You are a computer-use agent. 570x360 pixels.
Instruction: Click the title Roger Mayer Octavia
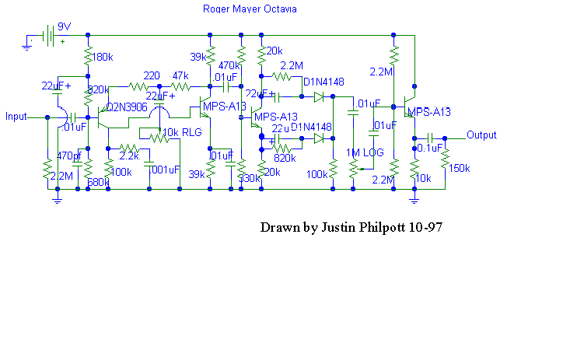pos(249,9)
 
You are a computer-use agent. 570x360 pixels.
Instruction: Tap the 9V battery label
pos(65,26)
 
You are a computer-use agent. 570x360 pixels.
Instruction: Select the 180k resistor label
pos(103,58)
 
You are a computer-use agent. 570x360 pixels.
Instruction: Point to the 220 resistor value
pos(152,75)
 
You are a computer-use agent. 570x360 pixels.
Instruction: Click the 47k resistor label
pos(180,75)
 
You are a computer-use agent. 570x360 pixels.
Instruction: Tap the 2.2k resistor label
pos(129,156)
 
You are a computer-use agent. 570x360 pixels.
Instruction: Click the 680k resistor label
pos(98,182)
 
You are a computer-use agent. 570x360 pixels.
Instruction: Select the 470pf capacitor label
pos(69,156)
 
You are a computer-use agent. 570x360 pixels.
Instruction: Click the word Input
pos(16,117)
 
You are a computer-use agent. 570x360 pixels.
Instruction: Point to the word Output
pos(481,135)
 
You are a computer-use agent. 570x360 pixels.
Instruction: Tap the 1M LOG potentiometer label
pos(365,152)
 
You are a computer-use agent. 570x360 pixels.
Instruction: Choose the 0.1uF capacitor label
pos(430,148)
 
